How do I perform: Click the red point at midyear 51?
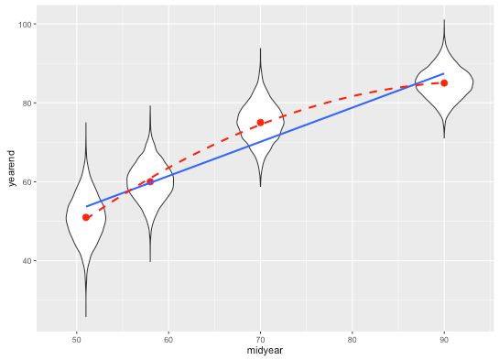[x=86, y=217]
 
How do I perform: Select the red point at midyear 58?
[x=150, y=181]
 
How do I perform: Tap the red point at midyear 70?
[x=260, y=123]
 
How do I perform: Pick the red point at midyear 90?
[x=444, y=82]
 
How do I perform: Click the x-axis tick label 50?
[x=76, y=341]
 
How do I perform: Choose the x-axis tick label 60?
[x=168, y=341]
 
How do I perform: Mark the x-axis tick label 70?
[x=260, y=341]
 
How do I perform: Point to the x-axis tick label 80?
[x=353, y=341]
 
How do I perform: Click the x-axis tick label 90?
[x=444, y=341]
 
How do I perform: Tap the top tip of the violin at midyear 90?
[x=444, y=20]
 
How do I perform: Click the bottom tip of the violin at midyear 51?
[x=86, y=317]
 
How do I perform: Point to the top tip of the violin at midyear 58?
[x=150, y=105]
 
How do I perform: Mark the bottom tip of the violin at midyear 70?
[x=260, y=187]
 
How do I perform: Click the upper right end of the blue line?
[x=444, y=73]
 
